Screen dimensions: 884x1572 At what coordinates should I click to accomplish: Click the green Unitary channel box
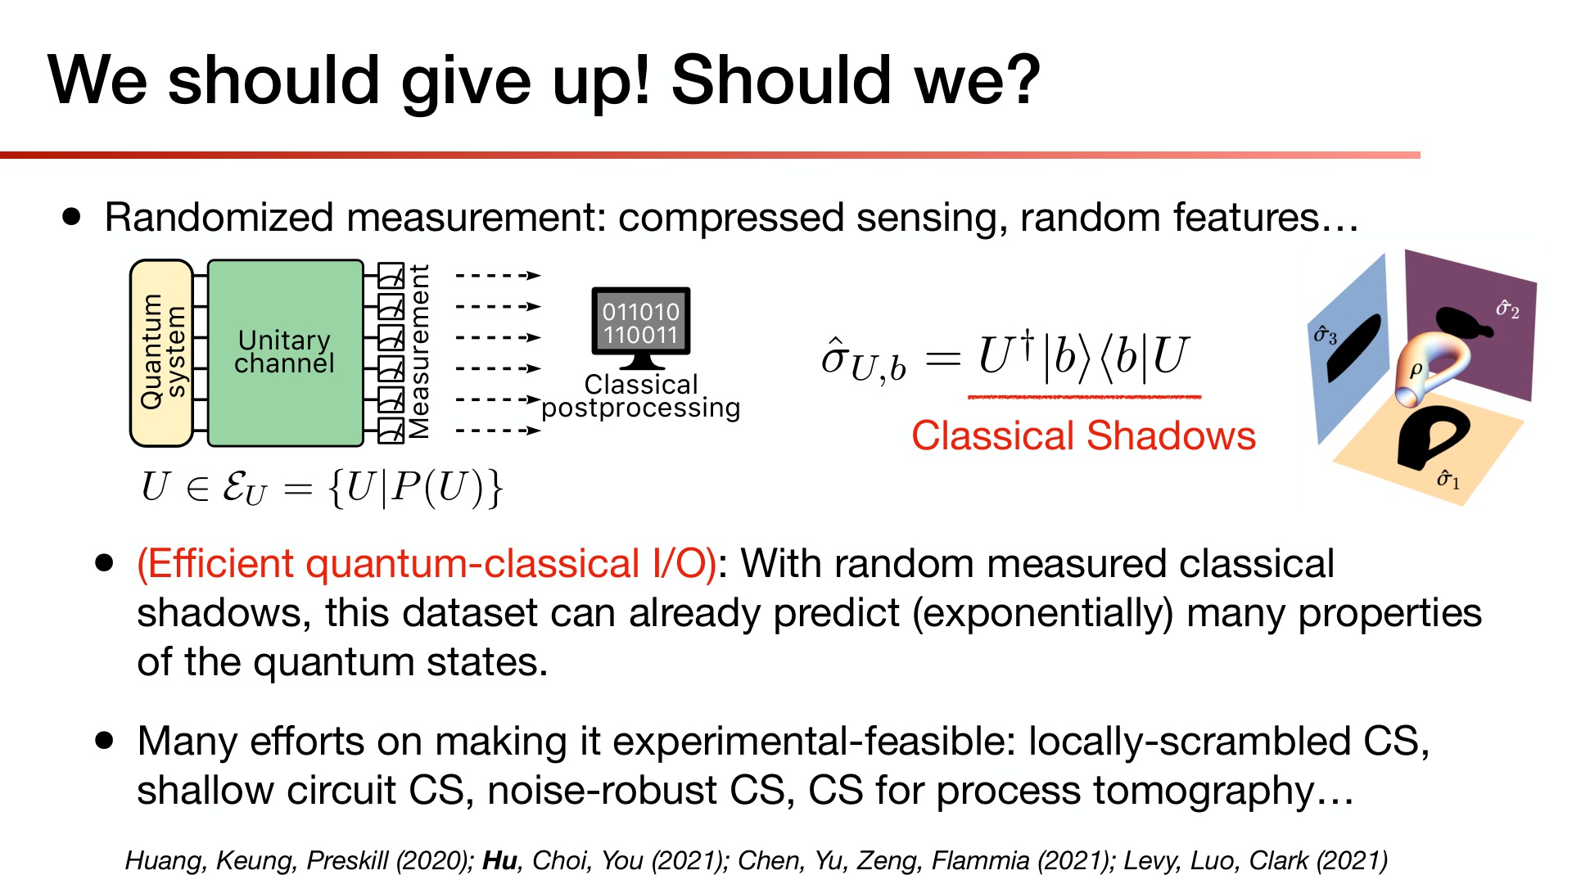(285, 352)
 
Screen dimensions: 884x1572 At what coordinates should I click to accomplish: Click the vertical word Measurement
(418, 352)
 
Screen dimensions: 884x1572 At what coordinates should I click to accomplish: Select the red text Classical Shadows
(1083, 435)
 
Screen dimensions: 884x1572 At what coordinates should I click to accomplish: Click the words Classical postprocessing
(641, 396)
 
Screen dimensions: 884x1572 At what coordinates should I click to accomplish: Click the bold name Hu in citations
(499, 860)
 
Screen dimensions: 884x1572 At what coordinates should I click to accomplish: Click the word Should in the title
(779, 80)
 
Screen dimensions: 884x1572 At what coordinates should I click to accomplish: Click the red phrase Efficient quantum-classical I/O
(427, 563)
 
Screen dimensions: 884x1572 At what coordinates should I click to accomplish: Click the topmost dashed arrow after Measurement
(498, 276)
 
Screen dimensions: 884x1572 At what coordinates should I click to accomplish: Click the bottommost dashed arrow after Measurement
(498, 431)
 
